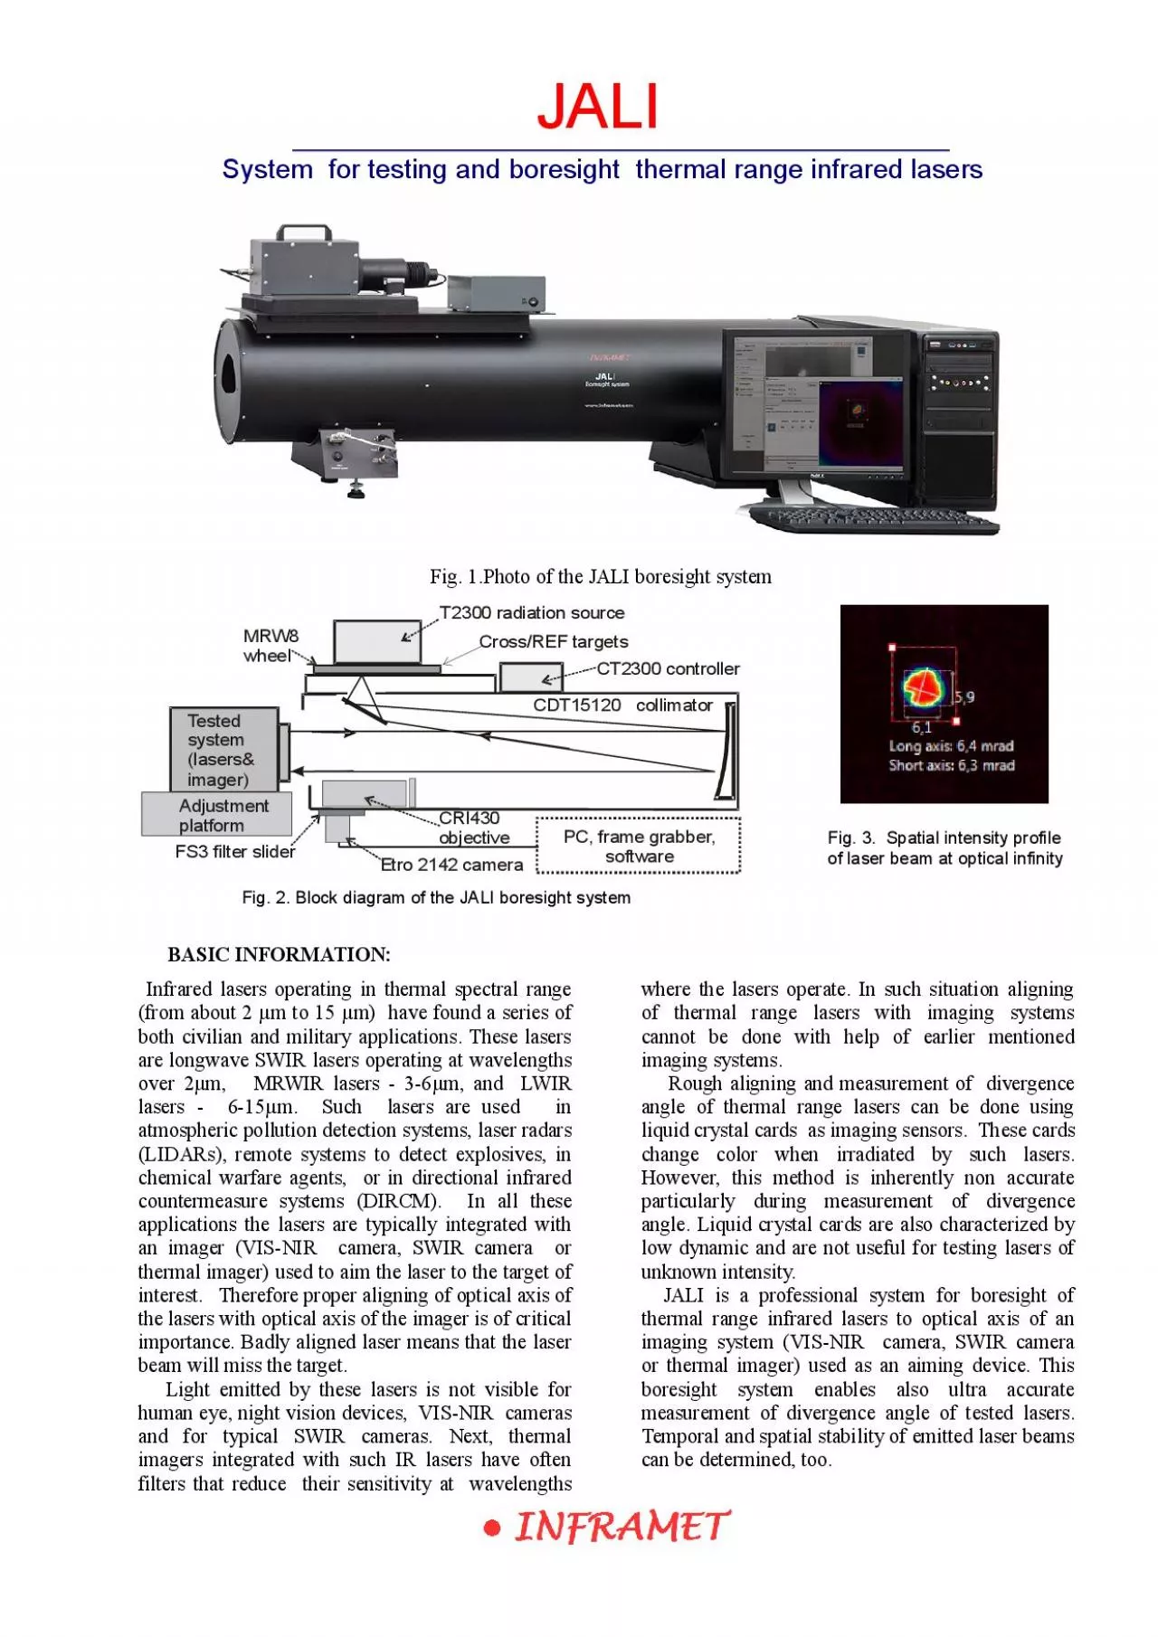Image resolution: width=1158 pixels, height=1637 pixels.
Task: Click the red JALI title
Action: tap(598, 107)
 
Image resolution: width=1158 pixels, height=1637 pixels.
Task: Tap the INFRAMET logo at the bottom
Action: tap(607, 1527)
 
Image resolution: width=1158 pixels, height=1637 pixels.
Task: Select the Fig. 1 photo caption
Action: tap(601, 576)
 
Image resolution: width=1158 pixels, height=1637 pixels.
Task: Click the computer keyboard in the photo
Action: tap(874, 520)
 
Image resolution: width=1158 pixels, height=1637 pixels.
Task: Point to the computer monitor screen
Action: tap(814, 404)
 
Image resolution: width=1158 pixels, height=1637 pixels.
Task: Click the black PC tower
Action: tap(958, 416)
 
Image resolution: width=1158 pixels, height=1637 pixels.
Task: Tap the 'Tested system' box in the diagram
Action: tap(223, 750)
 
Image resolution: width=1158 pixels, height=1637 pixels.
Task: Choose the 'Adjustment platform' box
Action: tap(217, 815)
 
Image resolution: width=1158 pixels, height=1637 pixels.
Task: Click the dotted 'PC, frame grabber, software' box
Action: tap(639, 847)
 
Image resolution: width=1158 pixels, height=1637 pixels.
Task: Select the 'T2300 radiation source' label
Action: tap(532, 612)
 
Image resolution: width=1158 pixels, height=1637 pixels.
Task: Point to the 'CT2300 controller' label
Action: tap(668, 668)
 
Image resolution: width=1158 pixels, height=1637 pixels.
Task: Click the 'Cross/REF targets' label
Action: tap(554, 641)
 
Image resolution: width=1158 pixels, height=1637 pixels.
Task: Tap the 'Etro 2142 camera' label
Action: tap(451, 865)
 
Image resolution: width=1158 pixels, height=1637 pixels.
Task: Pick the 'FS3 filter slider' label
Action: tap(235, 851)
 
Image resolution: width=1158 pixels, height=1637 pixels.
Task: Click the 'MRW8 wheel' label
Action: tap(270, 646)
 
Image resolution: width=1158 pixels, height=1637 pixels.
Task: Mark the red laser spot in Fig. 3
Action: tap(923, 687)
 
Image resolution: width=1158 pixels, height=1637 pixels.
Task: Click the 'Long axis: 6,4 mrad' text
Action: tap(951, 746)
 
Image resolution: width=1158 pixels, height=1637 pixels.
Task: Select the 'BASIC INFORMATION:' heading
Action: tap(279, 954)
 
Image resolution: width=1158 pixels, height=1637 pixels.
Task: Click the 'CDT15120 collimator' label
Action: tap(622, 705)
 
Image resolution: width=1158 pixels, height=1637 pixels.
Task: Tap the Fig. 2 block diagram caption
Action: tap(436, 897)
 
